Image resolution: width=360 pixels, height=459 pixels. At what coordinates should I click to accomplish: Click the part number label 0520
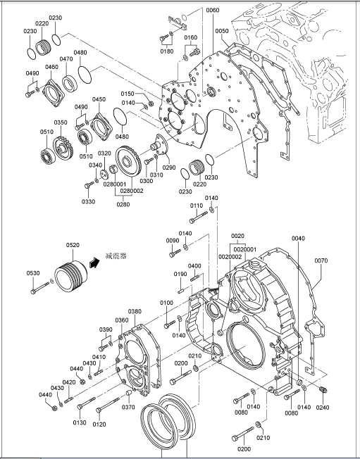(73, 245)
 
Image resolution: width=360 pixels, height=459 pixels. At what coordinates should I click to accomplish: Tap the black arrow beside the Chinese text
(94, 262)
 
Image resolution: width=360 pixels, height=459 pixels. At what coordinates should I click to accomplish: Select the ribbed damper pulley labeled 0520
(71, 276)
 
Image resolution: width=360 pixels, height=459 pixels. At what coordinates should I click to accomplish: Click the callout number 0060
(212, 11)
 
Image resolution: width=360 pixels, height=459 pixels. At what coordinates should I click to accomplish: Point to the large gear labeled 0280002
(128, 162)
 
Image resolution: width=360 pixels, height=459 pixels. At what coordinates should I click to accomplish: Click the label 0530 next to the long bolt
(33, 273)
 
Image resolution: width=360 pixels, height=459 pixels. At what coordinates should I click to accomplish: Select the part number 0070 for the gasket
(321, 260)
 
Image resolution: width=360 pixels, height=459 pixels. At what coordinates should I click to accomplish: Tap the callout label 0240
(323, 407)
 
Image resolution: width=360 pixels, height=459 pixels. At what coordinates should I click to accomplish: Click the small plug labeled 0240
(323, 390)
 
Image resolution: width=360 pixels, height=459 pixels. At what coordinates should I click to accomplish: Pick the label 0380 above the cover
(135, 311)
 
